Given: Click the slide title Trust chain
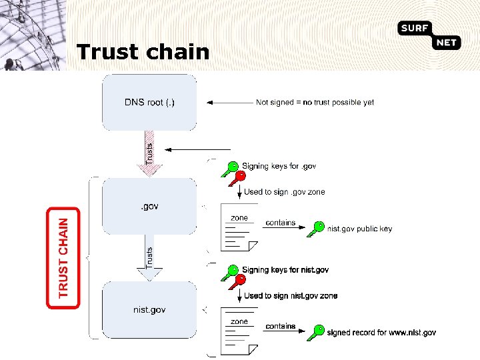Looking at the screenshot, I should (143, 52).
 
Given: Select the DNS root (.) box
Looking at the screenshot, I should (149, 102).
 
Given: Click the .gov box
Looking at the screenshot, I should (149, 207).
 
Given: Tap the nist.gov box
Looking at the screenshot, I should (149, 309).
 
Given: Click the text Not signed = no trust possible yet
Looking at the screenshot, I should (315, 103).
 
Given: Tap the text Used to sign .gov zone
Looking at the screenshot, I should (285, 192).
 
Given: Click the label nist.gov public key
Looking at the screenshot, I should (359, 229).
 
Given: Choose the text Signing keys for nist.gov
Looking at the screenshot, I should (285, 270).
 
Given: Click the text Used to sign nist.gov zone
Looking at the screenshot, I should (291, 296).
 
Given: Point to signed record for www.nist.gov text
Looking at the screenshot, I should (381, 332).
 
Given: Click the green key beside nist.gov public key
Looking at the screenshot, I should (316, 229).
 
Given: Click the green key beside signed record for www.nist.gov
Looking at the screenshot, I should (316, 332).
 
